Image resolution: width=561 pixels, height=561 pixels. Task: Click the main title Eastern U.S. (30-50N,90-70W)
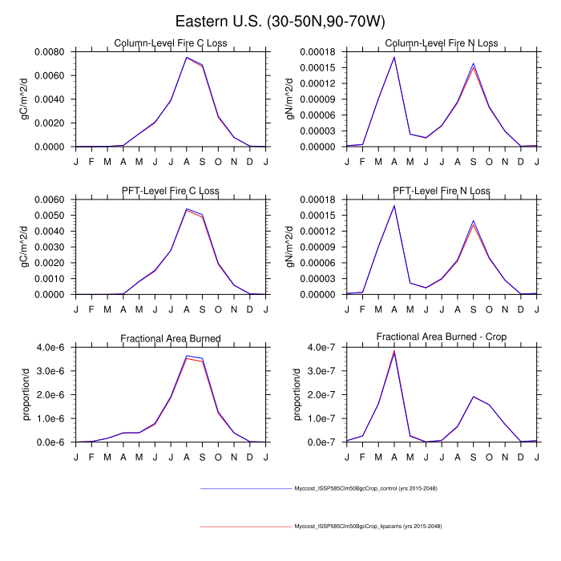coord(280,22)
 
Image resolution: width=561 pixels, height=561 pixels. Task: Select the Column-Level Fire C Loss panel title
coord(170,43)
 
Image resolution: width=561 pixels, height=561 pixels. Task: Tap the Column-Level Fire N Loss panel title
coord(441,43)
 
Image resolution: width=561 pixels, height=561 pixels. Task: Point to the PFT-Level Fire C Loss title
coord(170,191)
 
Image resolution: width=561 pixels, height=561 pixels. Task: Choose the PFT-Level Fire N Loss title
coord(441,191)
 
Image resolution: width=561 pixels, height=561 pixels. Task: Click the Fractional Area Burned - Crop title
coord(441,338)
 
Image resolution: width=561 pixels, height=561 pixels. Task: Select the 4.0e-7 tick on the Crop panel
coord(319,347)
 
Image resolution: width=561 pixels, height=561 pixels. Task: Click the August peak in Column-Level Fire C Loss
coord(187,57)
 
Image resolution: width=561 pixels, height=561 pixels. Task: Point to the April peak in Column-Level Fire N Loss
coord(394,57)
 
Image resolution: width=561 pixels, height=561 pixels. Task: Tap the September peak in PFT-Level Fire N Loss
coord(473,221)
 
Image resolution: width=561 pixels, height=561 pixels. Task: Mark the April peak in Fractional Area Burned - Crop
coord(394,351)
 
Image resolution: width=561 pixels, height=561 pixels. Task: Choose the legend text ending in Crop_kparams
coord(368,527)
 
